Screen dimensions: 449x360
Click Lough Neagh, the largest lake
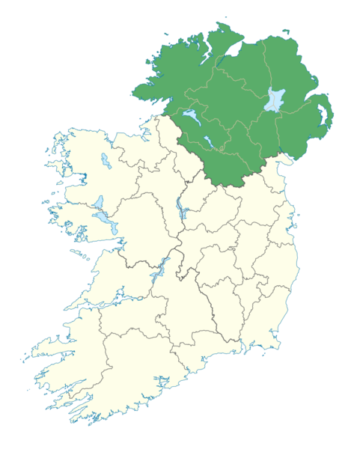pos(275,100)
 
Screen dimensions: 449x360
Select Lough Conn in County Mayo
pos(101,159)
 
